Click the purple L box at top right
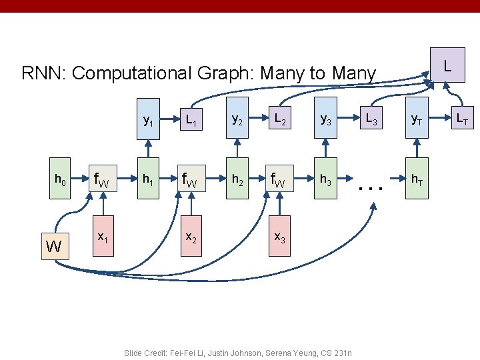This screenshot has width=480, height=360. click(447, 65)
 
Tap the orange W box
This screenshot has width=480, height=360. click(54, 247)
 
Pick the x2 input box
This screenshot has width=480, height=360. click(191, 237)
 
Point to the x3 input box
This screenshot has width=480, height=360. click(279, 237)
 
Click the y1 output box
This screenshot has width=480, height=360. click(147, 121)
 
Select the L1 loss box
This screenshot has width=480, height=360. click(191, 121)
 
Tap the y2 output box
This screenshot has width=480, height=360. click(236, 121)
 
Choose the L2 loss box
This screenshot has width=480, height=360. click(280, 121)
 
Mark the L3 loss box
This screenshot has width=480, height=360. click(370, 121)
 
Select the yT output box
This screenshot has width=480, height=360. click(415, 121)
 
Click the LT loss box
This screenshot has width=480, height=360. click(461, 121)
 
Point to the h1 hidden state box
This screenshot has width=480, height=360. click(147, 179)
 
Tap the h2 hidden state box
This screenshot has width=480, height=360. click(236, 179)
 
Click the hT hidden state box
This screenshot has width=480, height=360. click(415, 179)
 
